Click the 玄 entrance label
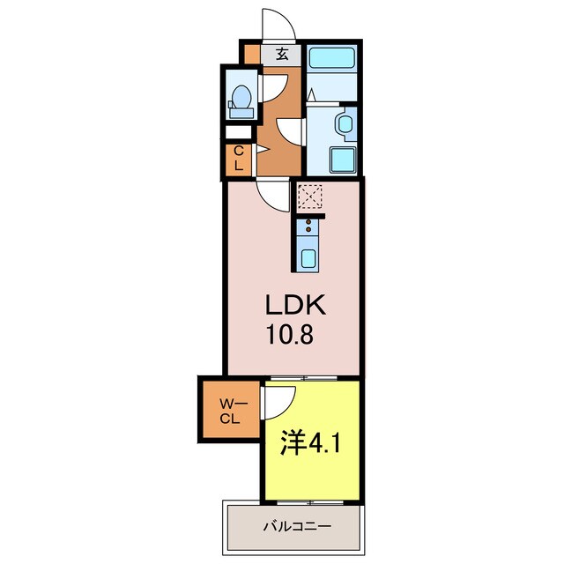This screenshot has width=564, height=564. pyautogui.click(x=282, y=56)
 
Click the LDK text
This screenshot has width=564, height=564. pyautogui.click(x=298, y=307)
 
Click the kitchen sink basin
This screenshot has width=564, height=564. pyautogui.click(x=309, y=257)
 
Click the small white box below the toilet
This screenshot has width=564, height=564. pyautogui.click(x=239, y=132)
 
